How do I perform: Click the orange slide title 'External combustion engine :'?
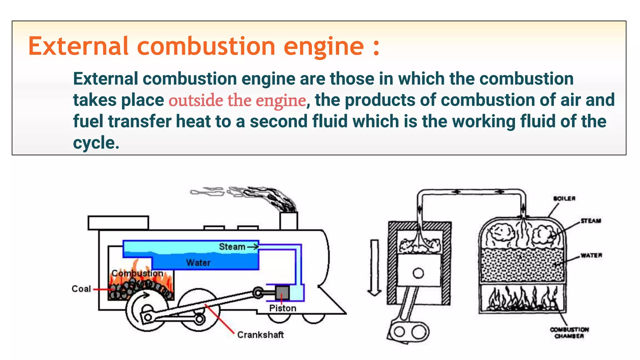[204, 46]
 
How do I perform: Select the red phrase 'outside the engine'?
[237, 101]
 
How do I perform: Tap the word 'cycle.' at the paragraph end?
[96, 143]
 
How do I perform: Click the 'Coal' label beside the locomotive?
[81, 289]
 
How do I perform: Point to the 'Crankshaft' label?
[260, 335]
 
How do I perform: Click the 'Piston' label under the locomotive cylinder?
[282, 308]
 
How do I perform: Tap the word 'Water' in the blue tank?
[198, 262]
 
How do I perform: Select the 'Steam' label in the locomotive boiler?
[232, 247]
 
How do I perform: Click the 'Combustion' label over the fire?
[137, 273]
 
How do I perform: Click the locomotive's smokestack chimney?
[288, 221]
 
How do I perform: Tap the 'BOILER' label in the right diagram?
[564, 198]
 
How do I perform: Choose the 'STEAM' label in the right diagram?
[591, 221]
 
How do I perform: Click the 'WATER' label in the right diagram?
[591, 255]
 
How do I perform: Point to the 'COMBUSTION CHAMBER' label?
[569, 333]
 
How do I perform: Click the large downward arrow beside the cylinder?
[374, 267]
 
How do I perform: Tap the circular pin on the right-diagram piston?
[418, 273]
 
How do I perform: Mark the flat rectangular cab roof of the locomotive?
[118, 223]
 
